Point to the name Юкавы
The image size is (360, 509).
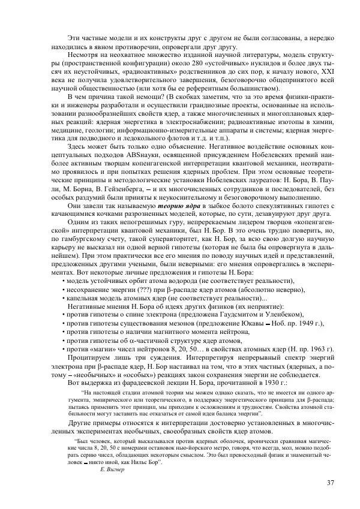[248, 323]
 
